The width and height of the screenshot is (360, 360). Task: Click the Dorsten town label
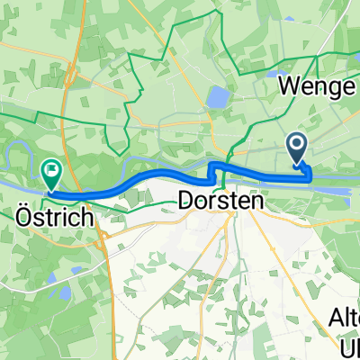[x=221, y=202]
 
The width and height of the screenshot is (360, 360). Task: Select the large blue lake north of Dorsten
[x=219, y=96]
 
